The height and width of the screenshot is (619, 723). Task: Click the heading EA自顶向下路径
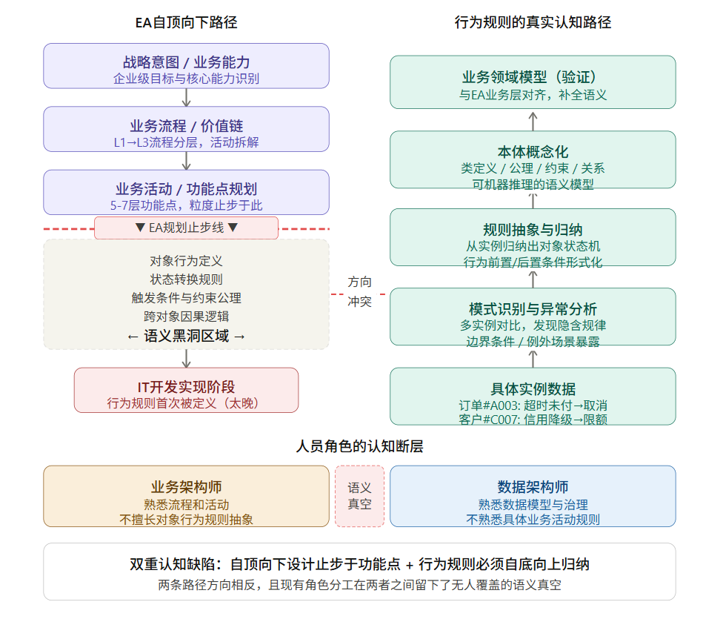(x=186, y=22)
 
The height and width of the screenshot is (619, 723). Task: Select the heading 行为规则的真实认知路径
(x=533, y=22)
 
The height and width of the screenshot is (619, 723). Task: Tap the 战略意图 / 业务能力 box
(x=186, y=66)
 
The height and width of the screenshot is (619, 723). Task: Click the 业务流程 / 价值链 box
(x=186, y=129)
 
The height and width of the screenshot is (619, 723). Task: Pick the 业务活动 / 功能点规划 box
(x=186, y=193)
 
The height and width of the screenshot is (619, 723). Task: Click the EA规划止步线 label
(x=186, y=228)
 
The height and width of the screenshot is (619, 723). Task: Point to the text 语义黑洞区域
(x=186, y=336)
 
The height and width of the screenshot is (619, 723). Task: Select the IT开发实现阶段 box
(x=186, y=390)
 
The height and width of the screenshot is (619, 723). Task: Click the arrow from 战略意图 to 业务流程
(x=186, y=97)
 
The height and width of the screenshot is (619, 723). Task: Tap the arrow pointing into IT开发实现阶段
(x=186, y=359)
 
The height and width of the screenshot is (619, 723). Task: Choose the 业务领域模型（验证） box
(x=533, y=82)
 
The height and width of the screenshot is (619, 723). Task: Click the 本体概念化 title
(x=533, y=152)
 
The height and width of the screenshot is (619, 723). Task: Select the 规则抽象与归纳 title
(x=533, y=230)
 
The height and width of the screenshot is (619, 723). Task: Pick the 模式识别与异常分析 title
(x=533, y=309)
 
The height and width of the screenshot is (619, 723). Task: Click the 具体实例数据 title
(x=533, y=389)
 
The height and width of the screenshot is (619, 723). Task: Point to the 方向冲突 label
(x=360, y=292)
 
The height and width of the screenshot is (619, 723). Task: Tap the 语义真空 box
(x=360, y=496)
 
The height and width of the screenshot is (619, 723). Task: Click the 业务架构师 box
(x=186, y=496)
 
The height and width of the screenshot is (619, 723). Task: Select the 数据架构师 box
(x=533, y=496)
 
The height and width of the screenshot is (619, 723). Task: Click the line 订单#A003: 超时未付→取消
(x=533, y=406)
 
